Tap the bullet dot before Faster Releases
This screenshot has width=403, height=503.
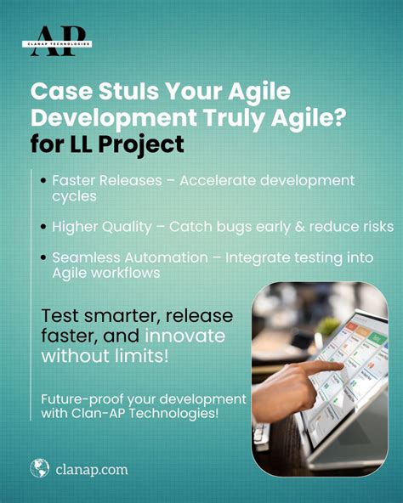[x=44, y=181]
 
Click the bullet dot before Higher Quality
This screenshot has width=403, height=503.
[x=44, y=228]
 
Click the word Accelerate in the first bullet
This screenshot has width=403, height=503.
[x=224, y=181]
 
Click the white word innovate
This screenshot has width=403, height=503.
[x=186, y=336]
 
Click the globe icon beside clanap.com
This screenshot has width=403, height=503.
[x=39, y=467]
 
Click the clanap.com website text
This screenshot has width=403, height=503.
[x=94, y=468]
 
